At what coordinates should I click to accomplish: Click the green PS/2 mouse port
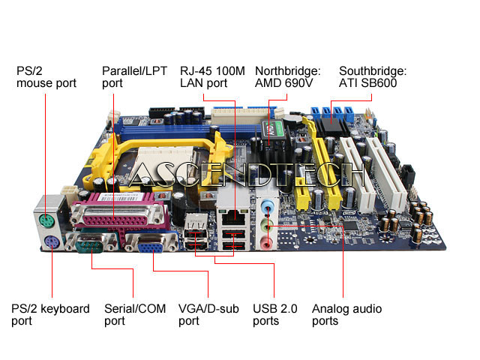pyautogui.click(x=46, y=222)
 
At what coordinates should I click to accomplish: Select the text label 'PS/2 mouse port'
pyautogui.click(x=46, y=76)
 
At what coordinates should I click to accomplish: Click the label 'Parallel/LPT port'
pyautogui.click(x=136, y=76)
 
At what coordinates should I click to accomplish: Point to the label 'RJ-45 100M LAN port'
pyautogui.click(x=211, y=76)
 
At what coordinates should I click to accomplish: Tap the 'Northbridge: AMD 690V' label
pyautogui.click(x=287, y=76)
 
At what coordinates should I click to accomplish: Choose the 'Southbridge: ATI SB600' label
pyautogui.click(x=373, y=76)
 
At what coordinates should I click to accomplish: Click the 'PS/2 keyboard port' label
pyautogui.click(x=50, y=314)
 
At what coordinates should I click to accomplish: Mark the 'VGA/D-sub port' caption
pyautogui.click(x=209, y=314)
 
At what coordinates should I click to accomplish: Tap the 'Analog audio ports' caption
pyautogui.click(x=346, y=314)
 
